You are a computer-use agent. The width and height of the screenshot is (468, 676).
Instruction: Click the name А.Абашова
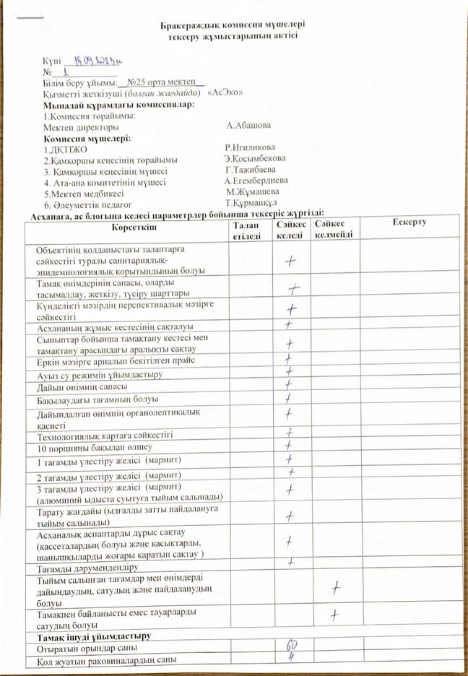pos(248,126)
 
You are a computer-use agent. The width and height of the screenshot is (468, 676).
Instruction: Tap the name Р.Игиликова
pos(250,147)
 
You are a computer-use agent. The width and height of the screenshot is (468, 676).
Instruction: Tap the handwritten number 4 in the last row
pos(290,658)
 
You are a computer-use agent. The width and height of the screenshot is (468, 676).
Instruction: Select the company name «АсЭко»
pos(225,94)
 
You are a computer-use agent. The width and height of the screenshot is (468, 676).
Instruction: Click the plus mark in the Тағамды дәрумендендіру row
pos(290,561)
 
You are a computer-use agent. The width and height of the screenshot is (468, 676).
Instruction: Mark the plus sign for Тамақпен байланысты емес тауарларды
pos(334,615)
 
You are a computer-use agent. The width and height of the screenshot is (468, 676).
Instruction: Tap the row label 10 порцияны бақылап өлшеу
pos(85,447)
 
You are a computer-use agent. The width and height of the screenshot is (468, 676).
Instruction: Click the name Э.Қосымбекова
pos(254,158)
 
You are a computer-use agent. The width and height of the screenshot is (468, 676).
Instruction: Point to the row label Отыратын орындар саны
pos(87,648)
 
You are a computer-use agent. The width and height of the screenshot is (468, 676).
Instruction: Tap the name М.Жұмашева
pos(252,192)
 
